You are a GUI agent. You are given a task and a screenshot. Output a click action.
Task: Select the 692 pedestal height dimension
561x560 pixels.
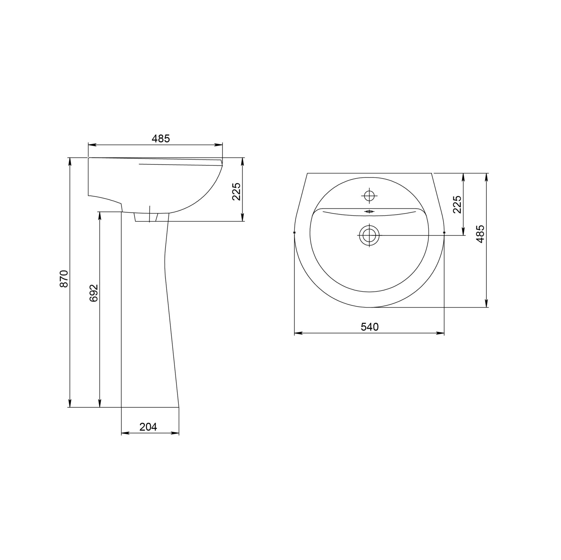[94, 293]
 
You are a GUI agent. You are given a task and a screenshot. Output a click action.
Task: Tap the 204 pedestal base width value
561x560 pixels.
[148, 427]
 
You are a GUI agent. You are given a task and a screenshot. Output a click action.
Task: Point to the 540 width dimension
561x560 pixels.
[370, 327]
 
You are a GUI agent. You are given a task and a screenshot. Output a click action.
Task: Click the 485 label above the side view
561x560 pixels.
[160, 139]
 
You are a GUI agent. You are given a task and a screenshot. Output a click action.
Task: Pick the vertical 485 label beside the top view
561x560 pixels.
[480, 234]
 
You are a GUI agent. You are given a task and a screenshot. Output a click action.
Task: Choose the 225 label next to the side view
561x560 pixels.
[237, 191]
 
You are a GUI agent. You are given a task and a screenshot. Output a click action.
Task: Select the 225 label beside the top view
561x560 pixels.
[457, 205]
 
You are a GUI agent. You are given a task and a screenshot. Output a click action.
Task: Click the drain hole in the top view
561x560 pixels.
[369, 235]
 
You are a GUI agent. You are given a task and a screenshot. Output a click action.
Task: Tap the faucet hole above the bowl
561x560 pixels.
[369, 196]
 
